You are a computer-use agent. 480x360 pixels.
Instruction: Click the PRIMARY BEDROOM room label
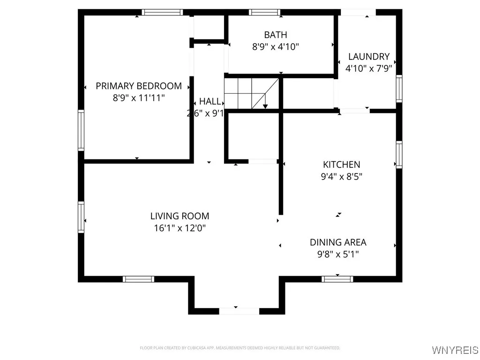[139, 86]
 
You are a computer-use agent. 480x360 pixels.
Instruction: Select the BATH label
[276, 35]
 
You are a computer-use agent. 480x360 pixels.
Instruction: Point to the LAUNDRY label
[368, 56]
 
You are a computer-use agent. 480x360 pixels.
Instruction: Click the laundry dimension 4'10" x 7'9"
[368, 68]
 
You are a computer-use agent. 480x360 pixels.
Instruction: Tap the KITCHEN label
[341, 165]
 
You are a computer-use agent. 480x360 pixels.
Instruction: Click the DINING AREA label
[338, 242]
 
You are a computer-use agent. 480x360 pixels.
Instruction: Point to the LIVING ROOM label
[180, 216]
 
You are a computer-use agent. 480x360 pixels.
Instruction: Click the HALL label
[210, 101]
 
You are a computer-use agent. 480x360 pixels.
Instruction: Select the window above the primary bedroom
[162, 12]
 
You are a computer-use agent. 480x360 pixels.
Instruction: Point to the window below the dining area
[337, 279]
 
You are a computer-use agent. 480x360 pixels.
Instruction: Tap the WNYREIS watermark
[455, 350]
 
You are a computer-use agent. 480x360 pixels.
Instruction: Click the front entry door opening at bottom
[239, 311]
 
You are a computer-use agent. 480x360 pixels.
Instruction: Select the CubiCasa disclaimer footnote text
[240, 348]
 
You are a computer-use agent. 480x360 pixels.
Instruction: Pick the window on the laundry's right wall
[399, 89]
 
